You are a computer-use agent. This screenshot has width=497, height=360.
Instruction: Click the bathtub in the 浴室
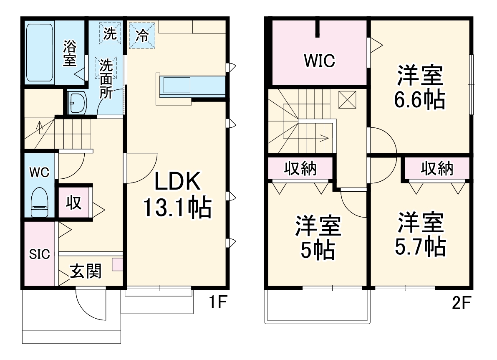pos(39,52)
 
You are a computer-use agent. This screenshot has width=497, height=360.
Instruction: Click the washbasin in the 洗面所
pos(77,102)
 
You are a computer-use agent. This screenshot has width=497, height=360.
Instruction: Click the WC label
pos(39,172)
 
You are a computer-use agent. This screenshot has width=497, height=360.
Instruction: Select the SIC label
pos(39,254)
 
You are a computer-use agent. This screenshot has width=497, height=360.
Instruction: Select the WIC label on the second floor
pos(319,61)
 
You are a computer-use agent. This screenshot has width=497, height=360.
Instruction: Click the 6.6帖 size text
pos(419,99)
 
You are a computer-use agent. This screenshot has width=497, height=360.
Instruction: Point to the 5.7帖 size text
pos(420,247)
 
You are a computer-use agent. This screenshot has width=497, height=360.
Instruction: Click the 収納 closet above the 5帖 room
pos(300,169)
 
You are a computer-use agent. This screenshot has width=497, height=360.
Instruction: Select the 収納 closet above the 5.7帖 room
pos(436,168)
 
